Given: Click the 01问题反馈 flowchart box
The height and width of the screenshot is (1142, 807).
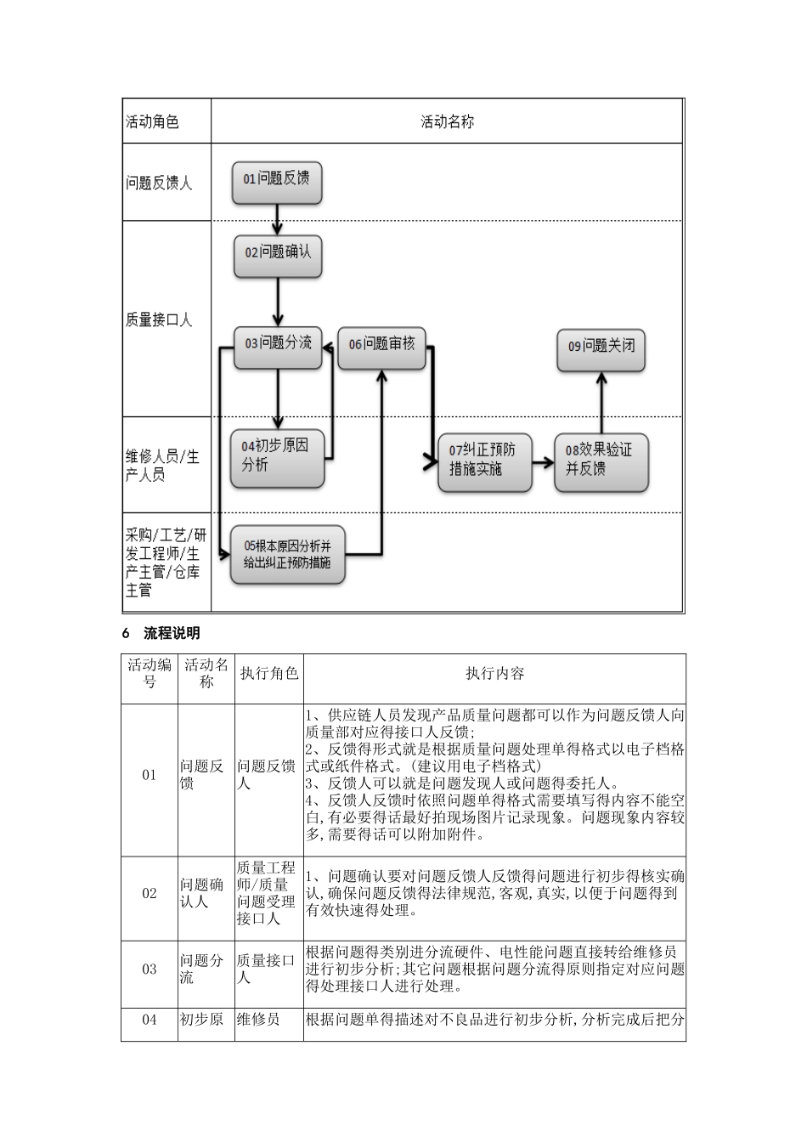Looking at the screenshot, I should point(277,179).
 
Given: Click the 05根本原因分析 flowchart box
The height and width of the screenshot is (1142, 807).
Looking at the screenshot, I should point(287,555).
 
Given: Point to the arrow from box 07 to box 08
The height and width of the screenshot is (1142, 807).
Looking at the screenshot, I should point(543,464).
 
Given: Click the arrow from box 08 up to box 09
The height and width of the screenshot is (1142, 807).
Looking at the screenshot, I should point(601,403).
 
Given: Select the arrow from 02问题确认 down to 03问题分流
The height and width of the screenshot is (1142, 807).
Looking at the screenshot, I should point(278,302).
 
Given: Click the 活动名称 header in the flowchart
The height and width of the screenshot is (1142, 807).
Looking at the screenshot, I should point(447,122).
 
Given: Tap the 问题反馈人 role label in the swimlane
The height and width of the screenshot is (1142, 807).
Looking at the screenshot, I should point(159,183).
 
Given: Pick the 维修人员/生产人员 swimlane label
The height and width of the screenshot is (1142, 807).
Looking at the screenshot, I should point(162,466).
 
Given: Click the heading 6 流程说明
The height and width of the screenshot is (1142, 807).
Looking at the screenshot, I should point(161,633).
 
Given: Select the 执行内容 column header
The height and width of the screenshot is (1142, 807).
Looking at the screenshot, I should point(494,674).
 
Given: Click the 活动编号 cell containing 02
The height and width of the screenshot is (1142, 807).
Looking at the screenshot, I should point(150,893).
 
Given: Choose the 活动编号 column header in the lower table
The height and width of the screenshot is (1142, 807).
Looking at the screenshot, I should point(150,673).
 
